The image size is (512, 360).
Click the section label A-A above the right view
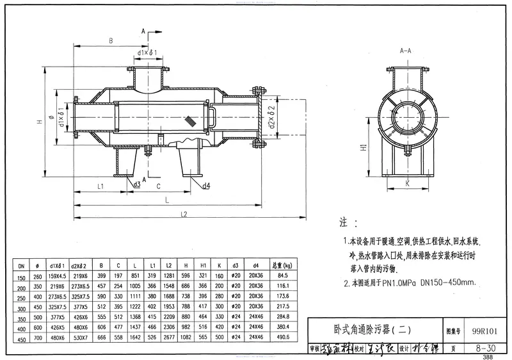[405, 49]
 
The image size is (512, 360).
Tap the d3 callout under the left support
[137, 184]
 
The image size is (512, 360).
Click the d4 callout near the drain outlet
[206, 186]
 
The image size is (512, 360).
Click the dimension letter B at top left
[111, 41]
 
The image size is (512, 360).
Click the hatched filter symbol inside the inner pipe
[191, 120]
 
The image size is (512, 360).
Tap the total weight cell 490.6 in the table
[284, 336]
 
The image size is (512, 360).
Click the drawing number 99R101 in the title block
[484, 332]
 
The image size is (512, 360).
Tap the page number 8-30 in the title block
[484, 348]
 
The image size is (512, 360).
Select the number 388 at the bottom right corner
[488, 357]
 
